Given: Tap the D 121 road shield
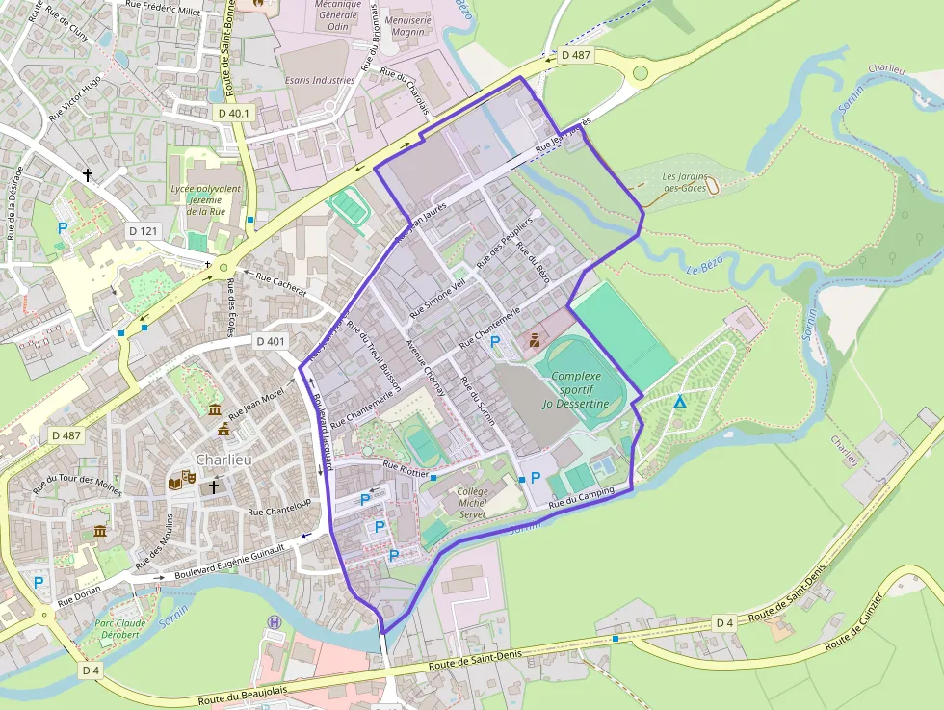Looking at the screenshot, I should (143, 231).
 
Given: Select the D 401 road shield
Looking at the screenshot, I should (272, 341).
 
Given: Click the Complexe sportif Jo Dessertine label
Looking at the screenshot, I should (575, 389).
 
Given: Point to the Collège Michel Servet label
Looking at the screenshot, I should (473, 503).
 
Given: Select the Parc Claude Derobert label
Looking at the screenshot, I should (117, 628).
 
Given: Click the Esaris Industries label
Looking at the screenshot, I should (319, 80).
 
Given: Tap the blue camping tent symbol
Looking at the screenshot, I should (680, 402).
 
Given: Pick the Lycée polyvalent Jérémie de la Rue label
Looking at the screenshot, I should (204, 199).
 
